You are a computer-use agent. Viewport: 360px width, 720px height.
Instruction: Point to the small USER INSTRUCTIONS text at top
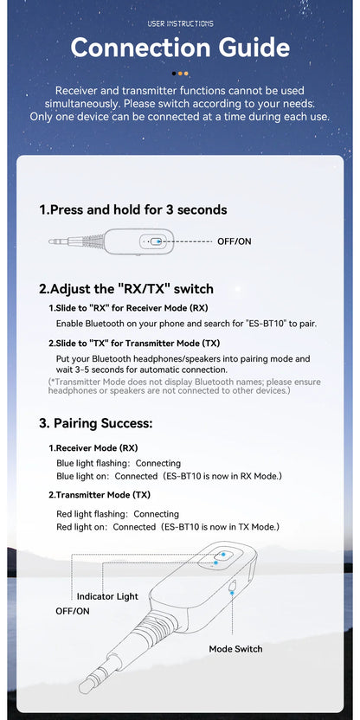(x=180, y=23)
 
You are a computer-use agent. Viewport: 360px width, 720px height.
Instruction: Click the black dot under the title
(x=175, y=74)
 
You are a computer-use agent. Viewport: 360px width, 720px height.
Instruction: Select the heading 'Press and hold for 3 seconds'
(x=133, y=209)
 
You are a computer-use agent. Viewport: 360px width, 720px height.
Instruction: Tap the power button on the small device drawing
(x=157, y=241)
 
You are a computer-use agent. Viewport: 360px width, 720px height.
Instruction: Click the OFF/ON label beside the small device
(x=234, y=241)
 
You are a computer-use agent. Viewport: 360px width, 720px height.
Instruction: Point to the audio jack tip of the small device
(x=53, y=241)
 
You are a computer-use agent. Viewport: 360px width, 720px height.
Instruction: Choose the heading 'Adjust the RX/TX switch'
(x=125, y=289)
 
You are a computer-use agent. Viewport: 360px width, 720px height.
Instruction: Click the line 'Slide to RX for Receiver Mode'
(x=128, y=308)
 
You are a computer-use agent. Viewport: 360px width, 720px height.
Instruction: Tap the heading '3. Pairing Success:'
(x=95, y=423)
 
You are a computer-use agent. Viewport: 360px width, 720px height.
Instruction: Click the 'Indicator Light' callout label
(x=107, y=596)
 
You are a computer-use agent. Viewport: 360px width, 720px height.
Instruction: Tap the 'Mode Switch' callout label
(x=235, y=648)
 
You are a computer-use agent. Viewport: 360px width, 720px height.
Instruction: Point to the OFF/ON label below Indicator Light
(x=73, y=611)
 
